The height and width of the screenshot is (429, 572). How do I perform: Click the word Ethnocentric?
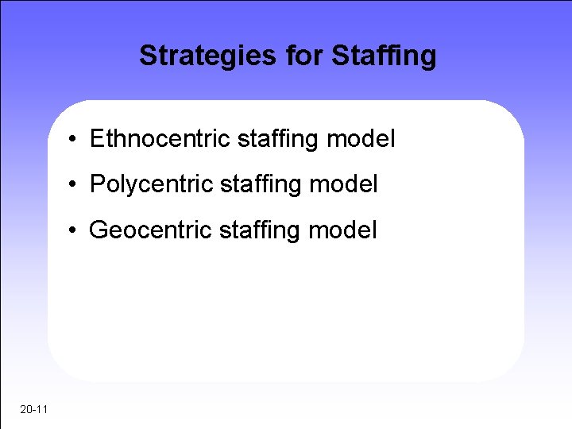tap(160, 139)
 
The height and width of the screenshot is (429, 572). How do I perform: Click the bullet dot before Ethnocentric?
tap(72, 141)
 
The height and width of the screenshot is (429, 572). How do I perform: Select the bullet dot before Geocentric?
tap(72, 232)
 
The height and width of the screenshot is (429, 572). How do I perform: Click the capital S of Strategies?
tap(148, 56)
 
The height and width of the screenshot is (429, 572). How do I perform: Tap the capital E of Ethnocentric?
tap(97, 139)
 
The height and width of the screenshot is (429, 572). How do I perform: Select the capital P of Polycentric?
tap(97, 185)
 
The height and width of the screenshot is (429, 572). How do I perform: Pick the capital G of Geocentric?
tap(99, 230)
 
